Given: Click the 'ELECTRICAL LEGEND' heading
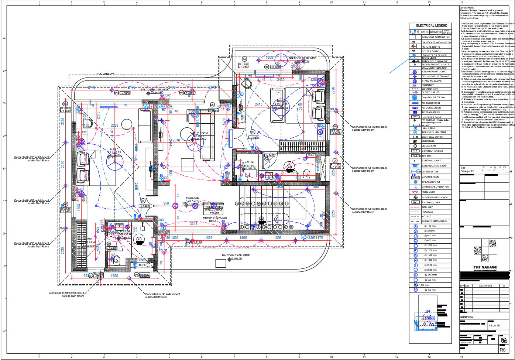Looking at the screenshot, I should pyautogui.click(x=432, y=25).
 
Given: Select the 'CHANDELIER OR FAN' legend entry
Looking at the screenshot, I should pyautogui.click(x=433, y=97).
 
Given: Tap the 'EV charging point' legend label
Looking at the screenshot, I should pyautogui.click(x=431, y=202).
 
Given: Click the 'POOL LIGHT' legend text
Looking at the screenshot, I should pyautogui.click(x=429, y=192).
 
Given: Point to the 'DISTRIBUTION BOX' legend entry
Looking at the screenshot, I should pyautogui.click(x=432, y=151).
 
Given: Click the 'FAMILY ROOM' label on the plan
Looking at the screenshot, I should pyautogui.click(x=199, y=133).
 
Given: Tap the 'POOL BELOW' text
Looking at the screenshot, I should pyautogui.click(x=105, y=74).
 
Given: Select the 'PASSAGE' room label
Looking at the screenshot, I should pyautogui.click(x=192, y=198).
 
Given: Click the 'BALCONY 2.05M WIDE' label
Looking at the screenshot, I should pyautogui.click(x=236, y=256).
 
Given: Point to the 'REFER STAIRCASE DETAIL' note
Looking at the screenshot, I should pyautogui.click(x=215, y=219).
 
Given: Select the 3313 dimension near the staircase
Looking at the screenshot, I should pyautogui.click(x=193, y=224).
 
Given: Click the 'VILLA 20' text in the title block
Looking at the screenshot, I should pyautogui.click(x=494, y=326).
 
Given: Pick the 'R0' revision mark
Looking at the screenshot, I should pyautogui.click(x=502, y=350).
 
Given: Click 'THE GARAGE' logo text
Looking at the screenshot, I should pyautogui.click(x=485, y=267).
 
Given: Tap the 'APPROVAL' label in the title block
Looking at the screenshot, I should pyautogui.click(x=467, y=318).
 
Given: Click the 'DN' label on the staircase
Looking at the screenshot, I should pyautogui.click(x=242, y=198).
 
